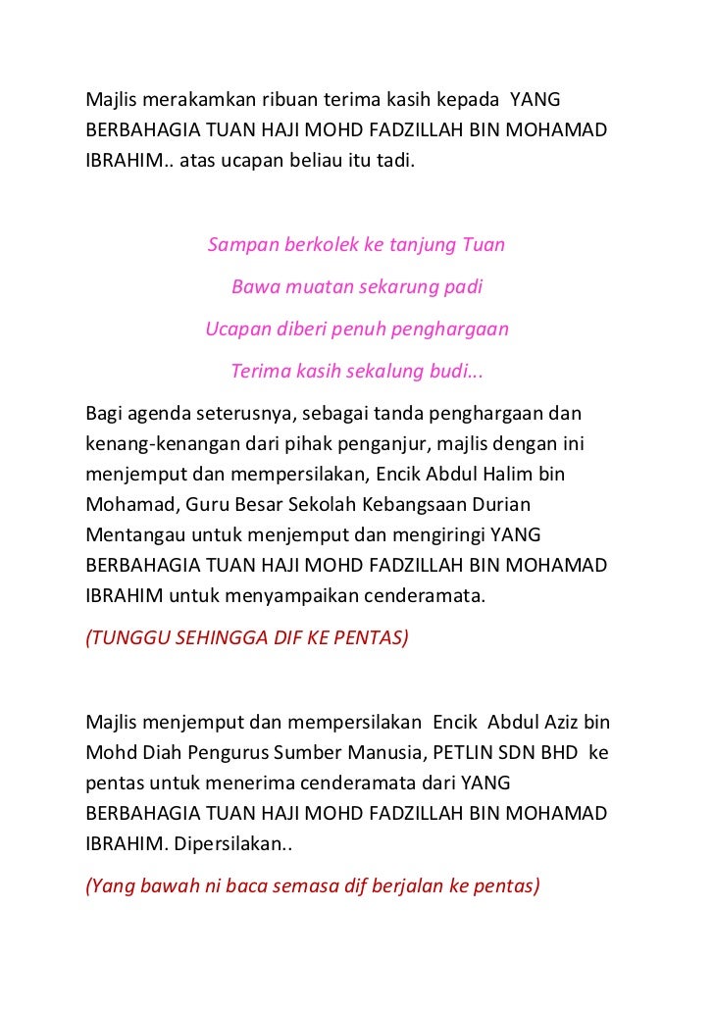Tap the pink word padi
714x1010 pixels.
point(462,287)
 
